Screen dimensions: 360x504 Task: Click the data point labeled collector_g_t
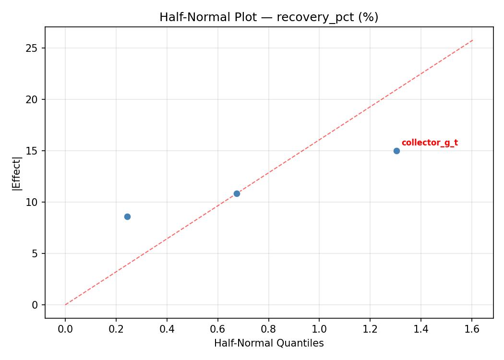pos(396,151)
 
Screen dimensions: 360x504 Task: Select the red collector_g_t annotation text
pos(430,143)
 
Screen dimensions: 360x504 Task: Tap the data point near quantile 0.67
pos(237,193)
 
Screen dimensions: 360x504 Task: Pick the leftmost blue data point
pos(127,216)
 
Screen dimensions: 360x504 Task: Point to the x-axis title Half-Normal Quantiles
pos(269,343)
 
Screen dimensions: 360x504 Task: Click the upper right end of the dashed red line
pos(472,40)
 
